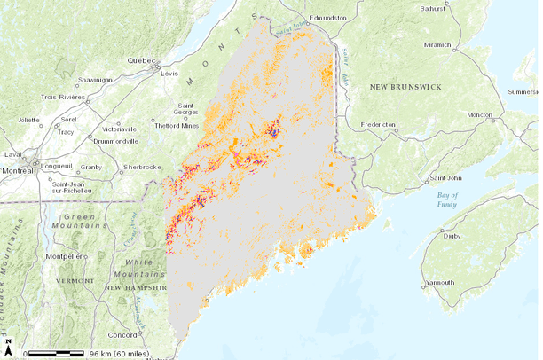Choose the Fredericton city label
(373, 125)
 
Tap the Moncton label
(480, 115)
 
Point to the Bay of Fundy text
(447, 200)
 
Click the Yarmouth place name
(440, 283)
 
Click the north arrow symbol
(8, 347)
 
